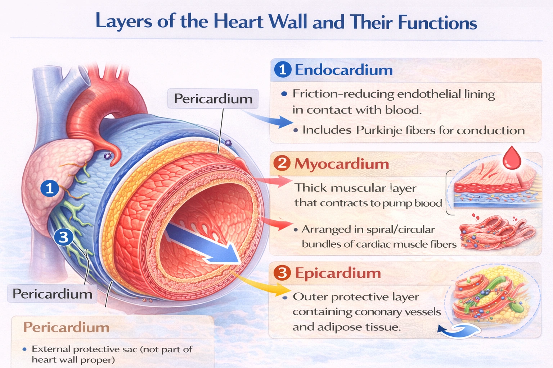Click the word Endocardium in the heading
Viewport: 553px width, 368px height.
pyautogui.click(x=343, y=70)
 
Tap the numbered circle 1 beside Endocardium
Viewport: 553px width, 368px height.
pyautogui.click(x=283, y=69)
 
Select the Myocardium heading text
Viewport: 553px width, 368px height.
pyautogui.click(x=342, y=164)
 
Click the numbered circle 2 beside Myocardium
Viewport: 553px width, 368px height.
pyautogui.click(x=282, y=164)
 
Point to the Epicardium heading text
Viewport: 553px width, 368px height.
pyautogui.click(x=338, y=273)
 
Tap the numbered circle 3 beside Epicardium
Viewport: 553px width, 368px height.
pyautogui.click(x=282, y=273)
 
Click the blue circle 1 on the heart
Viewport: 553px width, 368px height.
pyautogui.click(x=50, y=188)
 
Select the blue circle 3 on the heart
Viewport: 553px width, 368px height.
pyautogui.click(x=63, y=237)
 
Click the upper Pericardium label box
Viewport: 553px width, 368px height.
pyautogui.click(x=213, y=98)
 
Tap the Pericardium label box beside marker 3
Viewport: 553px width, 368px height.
pyautogui.click(x=53, y=294)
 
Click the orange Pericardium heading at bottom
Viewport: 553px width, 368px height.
pyautogui.click(x=66, y=327)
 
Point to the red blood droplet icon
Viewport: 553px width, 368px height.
pyautogui.click(x=512, y=158)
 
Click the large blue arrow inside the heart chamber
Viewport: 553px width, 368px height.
pyautogui.click(x=205, y=244)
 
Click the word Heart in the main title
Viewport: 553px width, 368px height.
pyautogui.click(x=238, y=22)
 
